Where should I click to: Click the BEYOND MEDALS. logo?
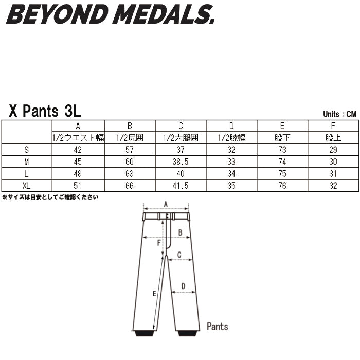click(x=111, y=14)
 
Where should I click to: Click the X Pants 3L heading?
click(x=45, y=111)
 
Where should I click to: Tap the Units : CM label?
click(x=340, y=114)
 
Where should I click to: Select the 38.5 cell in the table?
click(x=181, y=161)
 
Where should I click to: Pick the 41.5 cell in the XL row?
click(x=181, y=186)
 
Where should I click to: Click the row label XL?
click(x=26, y=186)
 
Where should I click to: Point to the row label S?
click(x=26, y=150)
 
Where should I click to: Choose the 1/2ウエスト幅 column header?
click(x=78, y=138)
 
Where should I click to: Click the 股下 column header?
click(x=282, y=138)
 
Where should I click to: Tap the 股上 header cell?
click(x=333, y=138)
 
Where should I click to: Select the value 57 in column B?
click(x=130, y=150)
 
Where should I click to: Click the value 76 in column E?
click(x=282, y=186)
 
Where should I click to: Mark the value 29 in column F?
click(x=333, y=150)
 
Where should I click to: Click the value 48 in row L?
click(x=78, y=174)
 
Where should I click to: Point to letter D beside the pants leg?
click(x=183, y=286)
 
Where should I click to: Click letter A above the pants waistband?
click(x=166, y=204)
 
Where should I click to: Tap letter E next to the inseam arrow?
click(x=154, y=294)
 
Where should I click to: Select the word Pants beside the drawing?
click(x=218, y=326)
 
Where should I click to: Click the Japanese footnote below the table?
click(x=50, y=197)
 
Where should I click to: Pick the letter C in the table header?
click(x=181, y=126)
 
